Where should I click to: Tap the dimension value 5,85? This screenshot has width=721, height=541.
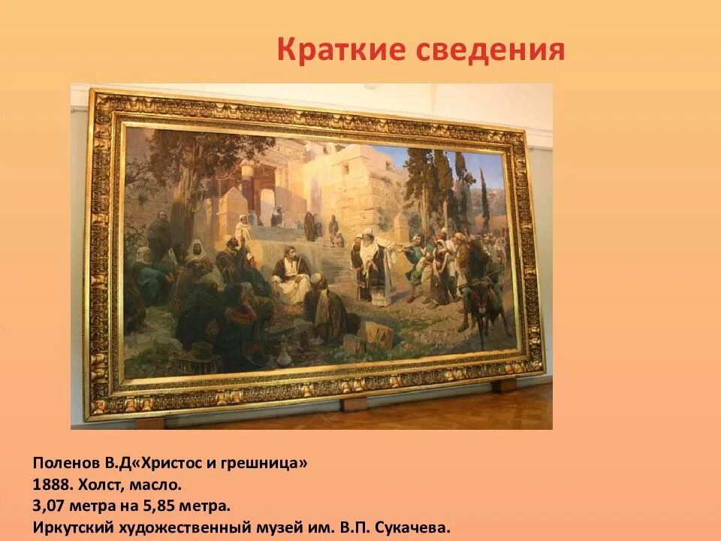click(x=152, y=506)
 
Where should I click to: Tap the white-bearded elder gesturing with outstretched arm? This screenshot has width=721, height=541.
click(x=373, y=267)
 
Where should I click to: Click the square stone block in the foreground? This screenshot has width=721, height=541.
click(x=378, y=334)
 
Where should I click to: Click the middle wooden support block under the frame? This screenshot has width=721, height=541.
click(x=353, y=403)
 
